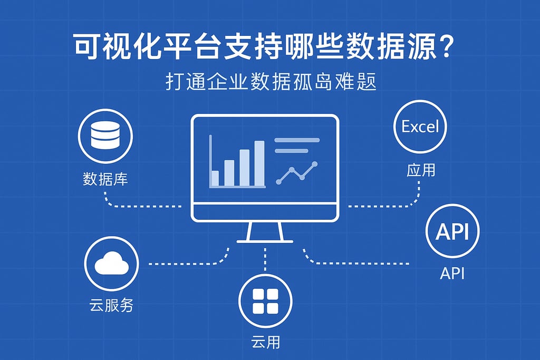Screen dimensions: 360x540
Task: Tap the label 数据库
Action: pos(105,179)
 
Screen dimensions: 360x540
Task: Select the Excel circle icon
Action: pos(420,127)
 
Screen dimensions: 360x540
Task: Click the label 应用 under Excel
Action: pos(421,170)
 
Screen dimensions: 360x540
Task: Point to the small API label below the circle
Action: pos(452,274)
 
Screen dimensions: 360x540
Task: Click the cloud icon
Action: pos(111,263)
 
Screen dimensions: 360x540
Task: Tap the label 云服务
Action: pos(111,305)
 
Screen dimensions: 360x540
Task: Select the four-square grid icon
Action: pos(265,301)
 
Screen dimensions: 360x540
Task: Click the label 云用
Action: pos(265,342)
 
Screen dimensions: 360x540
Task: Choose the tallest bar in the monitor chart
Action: pos(259,163)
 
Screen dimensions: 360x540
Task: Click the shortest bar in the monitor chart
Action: pos(215,178)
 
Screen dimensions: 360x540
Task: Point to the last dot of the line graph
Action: pos(315,164)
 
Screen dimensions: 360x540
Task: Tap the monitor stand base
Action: pos(265,241)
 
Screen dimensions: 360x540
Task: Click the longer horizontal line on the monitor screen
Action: pos(297,140)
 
